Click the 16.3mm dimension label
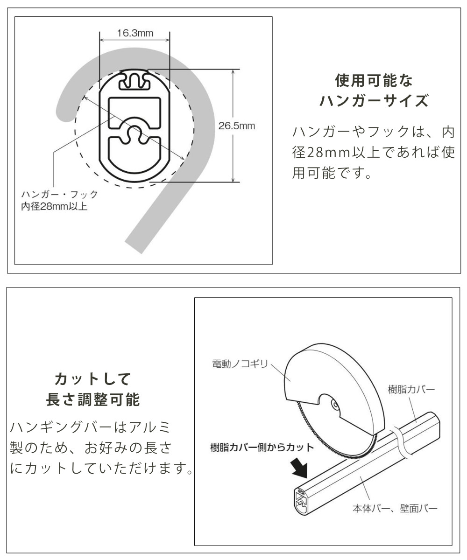pyautogui.click(x=135, y=33)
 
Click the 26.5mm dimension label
pyautogui.click(x=237, y=126)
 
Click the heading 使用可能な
pyautogui.click(x=374, y=81)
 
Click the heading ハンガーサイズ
pyautogui.click(x=374, y=101)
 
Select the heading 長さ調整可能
pyautogui.click(x=92, y=399)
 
